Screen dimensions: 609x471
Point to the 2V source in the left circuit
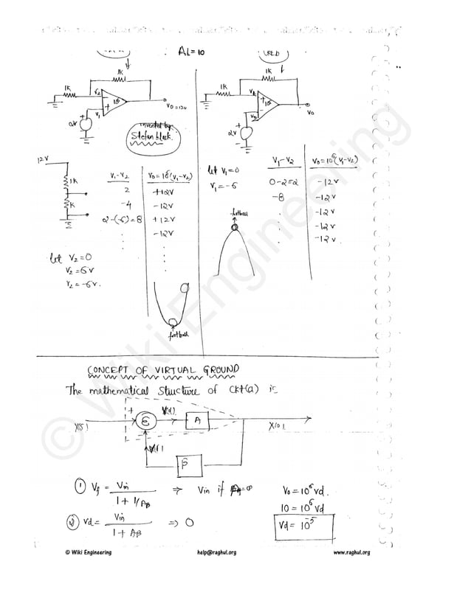click(85, 125)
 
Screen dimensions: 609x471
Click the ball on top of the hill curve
click(235, 227)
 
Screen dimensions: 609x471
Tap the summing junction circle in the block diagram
click(147, 420)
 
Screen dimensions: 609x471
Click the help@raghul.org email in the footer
click(216, 553)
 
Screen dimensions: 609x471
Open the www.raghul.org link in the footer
click(351, 553)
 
